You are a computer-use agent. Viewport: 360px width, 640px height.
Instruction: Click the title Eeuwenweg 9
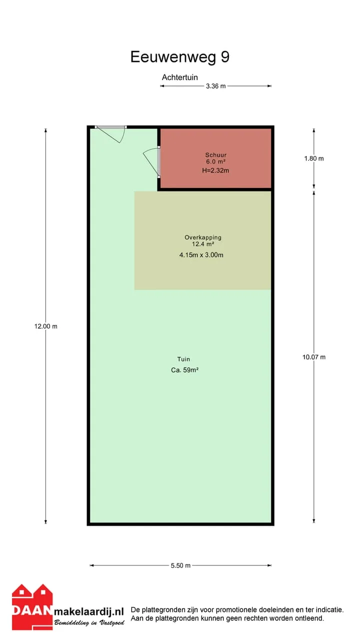click(x=179, y=57)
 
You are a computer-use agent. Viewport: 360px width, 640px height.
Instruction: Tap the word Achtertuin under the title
click(x=179, y=77)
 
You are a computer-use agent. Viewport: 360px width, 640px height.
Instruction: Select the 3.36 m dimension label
click(x=215, y=86)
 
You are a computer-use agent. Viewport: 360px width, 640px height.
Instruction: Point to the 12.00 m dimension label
click(x=45, y=326)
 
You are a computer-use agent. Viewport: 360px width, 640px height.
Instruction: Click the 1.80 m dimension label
click(x=313, y=158)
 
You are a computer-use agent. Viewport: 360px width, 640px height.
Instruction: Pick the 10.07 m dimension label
click(x=313, y=357)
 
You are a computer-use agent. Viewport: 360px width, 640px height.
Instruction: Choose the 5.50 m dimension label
click(x=180, y=565)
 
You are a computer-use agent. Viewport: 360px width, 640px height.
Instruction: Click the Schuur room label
click(x=215, y=155)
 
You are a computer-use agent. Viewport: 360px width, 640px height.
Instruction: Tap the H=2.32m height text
click(x=215, y=170)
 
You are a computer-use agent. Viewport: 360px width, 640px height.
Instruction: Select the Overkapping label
click(x=203, y=237)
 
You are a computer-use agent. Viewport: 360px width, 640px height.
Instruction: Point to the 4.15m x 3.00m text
click(x=201, y=255)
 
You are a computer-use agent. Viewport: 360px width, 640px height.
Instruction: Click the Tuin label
click(x=183, y=359)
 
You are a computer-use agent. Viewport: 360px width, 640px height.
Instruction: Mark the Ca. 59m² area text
click(x=184, y=370)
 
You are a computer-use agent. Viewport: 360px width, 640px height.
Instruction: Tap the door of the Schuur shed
click(x=151, y=162)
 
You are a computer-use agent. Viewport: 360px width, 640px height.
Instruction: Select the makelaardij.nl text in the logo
click(x=89, y=611)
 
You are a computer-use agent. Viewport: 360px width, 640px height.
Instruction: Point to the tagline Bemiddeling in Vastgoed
click(x=89, y=622)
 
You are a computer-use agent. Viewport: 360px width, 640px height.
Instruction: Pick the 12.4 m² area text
click(x=203, y=244)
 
